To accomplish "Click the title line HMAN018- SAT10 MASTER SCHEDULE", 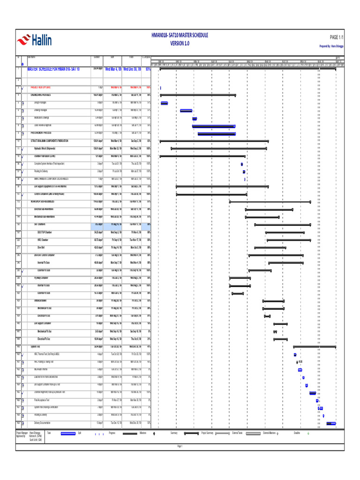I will [180, 36].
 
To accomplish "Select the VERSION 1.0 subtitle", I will [180, 43].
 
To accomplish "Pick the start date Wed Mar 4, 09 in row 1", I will [114, 69].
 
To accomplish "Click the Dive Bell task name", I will [41, 247].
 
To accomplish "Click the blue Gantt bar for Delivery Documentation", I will [331, 423].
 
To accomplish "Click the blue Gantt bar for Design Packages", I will [164, 103].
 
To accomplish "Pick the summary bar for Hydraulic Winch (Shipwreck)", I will [218, 149].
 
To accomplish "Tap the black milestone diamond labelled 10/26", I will [297, 361].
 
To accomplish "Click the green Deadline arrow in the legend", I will [308, 433].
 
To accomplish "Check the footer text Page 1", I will [180, 446].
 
